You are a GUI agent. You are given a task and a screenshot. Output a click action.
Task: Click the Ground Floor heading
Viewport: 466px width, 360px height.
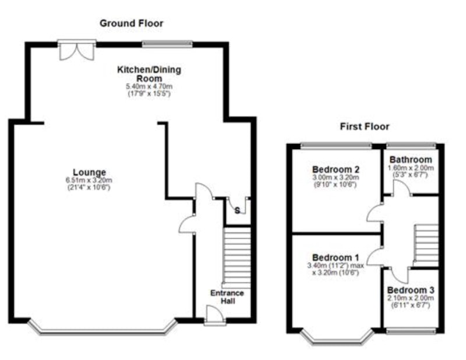click(x=132, y=23)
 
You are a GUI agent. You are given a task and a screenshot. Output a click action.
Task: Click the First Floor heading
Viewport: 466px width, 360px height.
click(x=365, y=126)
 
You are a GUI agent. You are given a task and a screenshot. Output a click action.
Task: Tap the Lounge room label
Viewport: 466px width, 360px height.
click(x=90, y=172)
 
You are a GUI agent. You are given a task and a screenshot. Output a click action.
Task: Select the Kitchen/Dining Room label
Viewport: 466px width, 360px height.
click(x=149, y=74)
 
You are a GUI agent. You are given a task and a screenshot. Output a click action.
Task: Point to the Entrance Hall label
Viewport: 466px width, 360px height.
click(x=227, y=297)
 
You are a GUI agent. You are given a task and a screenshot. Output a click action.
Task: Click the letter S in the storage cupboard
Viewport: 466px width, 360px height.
click(x=237, y=210)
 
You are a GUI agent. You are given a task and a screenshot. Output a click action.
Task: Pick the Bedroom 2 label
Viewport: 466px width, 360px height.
click(x=336, y=170)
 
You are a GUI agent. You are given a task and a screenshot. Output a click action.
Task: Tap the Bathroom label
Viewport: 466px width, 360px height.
click(x=411, y=160)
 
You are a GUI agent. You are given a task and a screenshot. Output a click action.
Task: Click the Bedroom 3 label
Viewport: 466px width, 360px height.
click(x=411, y=290)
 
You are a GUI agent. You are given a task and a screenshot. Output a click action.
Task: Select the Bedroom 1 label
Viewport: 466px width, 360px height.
click(x=336, y=257)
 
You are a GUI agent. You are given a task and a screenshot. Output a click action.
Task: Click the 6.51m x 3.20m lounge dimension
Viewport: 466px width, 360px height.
click(x=89, y=180)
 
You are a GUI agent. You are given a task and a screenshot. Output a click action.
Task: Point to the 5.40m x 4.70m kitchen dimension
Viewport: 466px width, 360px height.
click(x=149, y=87)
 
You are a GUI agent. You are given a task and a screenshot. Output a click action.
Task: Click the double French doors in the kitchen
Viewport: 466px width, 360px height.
click(x=77, y=50)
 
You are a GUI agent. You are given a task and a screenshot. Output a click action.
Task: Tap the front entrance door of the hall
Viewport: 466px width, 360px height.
click(x=215, y=315)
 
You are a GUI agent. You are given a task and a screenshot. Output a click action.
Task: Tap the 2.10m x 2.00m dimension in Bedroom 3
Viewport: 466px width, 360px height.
click(x=411, y=298)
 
